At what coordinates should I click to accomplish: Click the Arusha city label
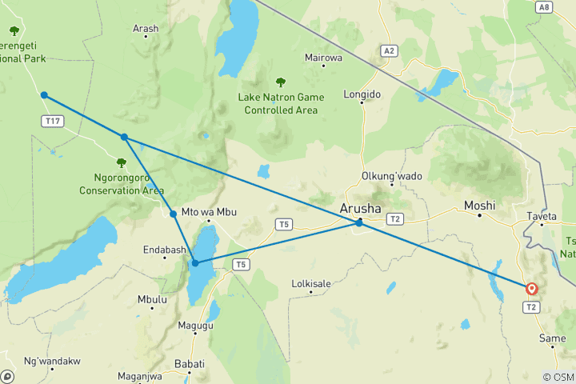point(360,209)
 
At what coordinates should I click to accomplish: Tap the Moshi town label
point(480,206)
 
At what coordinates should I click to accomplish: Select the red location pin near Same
point(531,289)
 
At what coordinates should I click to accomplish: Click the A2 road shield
point(389,50)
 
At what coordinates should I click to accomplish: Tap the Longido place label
point(362,94)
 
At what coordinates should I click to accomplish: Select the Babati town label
point(190,363)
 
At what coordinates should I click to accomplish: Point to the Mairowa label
point(323,58)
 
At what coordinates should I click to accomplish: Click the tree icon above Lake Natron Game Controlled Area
point(281,82)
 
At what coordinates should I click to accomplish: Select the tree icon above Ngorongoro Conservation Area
point(122,163)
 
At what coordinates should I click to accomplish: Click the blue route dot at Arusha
point(359,223)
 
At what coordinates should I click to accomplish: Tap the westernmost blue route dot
point(44,95)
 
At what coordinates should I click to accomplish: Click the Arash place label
point(146,29)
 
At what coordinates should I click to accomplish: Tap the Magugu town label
point(195,325)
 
